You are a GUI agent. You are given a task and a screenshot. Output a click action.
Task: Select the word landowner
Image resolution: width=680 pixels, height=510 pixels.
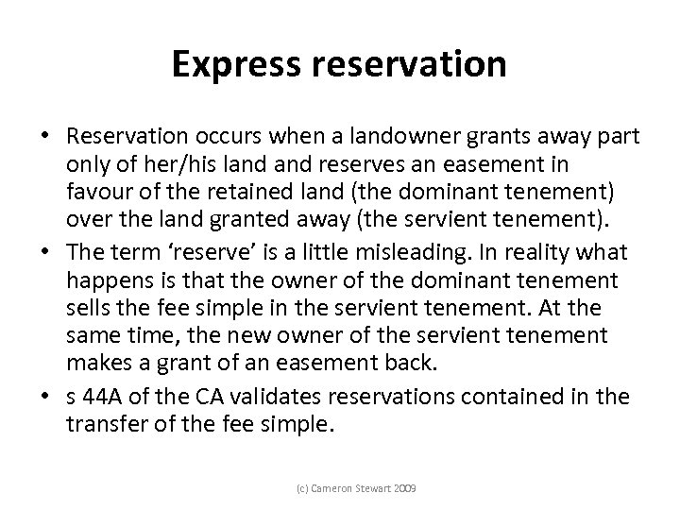[390, 137]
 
